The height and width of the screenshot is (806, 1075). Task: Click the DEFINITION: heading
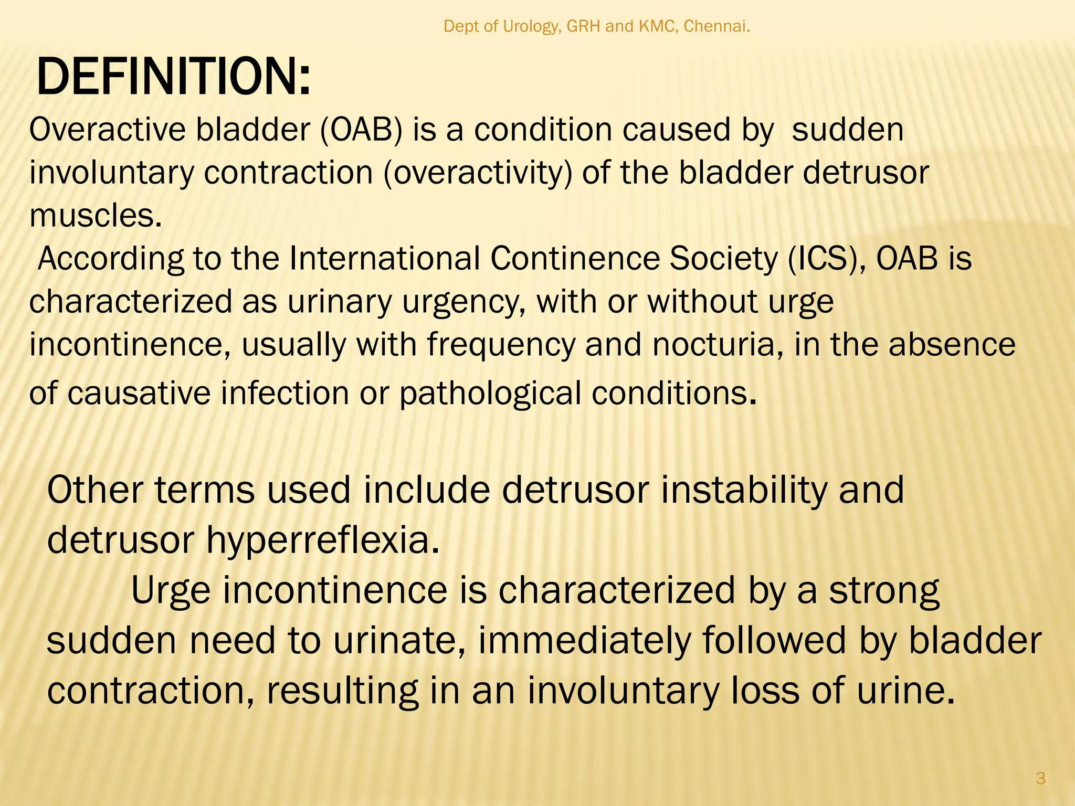coord(173,78)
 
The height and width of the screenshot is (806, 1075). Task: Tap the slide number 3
coord(1041,778)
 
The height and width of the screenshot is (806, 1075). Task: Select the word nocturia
coord(718,345)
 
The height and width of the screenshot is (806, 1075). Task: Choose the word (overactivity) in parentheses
coord(477,173)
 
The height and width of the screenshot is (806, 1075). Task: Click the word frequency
coord(501,345)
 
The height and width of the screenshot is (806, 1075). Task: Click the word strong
coord(884,591)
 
